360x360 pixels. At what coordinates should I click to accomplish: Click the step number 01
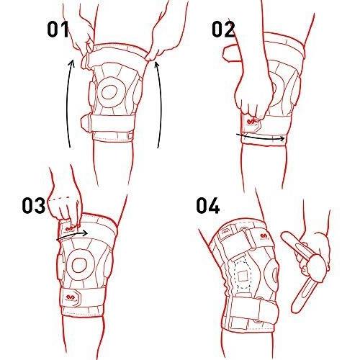point(58,30)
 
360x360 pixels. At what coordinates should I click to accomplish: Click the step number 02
point(223,29)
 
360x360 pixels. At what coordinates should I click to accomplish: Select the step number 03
point(34,205)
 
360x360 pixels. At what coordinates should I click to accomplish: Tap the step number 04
point(208,205)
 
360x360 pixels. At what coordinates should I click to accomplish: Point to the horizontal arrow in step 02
point(261,138)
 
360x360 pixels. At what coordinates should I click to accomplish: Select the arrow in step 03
point(72,235)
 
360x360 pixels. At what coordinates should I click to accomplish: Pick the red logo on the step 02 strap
point(251,122)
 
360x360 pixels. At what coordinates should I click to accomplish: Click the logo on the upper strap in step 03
point(70,228)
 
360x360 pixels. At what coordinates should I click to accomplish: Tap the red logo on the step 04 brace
point(264,236)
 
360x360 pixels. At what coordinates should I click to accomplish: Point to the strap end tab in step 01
point(86,123)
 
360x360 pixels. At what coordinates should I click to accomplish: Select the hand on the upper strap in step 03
point(65,207)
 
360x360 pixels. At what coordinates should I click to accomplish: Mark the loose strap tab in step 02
point(231,53)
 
